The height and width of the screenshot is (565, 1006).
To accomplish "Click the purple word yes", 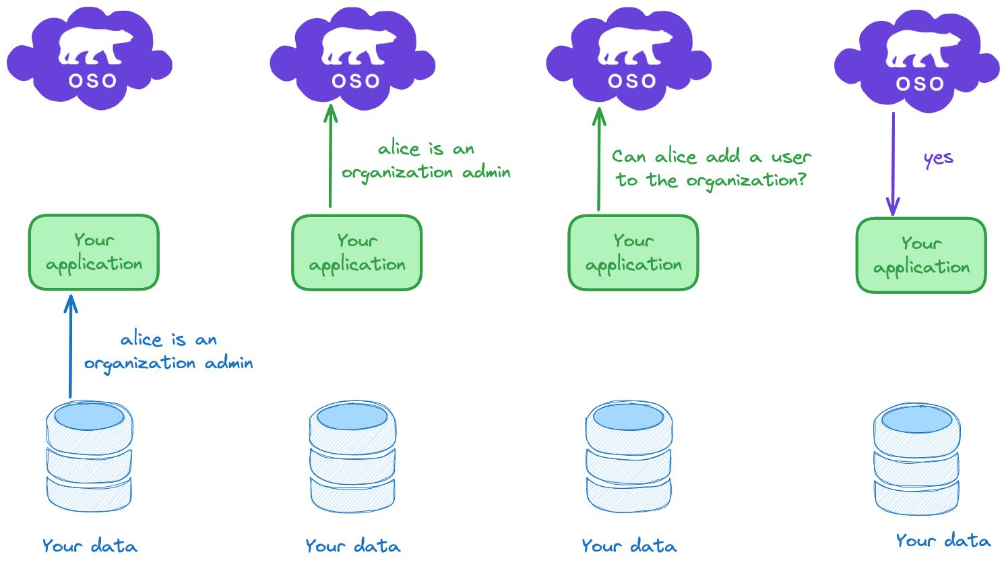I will click(x=938, y=159).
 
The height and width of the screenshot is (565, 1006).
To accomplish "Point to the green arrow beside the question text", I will click(x=598, y=159).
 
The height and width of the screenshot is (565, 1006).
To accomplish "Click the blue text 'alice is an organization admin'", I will click(x=168, y=351).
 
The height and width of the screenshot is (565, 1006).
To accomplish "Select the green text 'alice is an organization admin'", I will click(x=426, y=160).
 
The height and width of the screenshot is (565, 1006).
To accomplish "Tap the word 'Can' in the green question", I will click(x=629, y=156).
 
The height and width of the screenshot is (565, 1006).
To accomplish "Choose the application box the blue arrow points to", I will click(x=94, y=253).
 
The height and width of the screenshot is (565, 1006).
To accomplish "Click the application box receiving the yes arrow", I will click(x=921, y=256).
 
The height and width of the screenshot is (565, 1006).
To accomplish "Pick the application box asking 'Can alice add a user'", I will click(x=633, y=253).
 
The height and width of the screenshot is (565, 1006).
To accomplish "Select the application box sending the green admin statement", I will click(x=357, y=253).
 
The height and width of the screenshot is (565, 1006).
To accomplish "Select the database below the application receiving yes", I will click(x=916, y=459).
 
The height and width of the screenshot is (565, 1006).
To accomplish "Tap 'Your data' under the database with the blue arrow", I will click(x=90, y=545).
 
